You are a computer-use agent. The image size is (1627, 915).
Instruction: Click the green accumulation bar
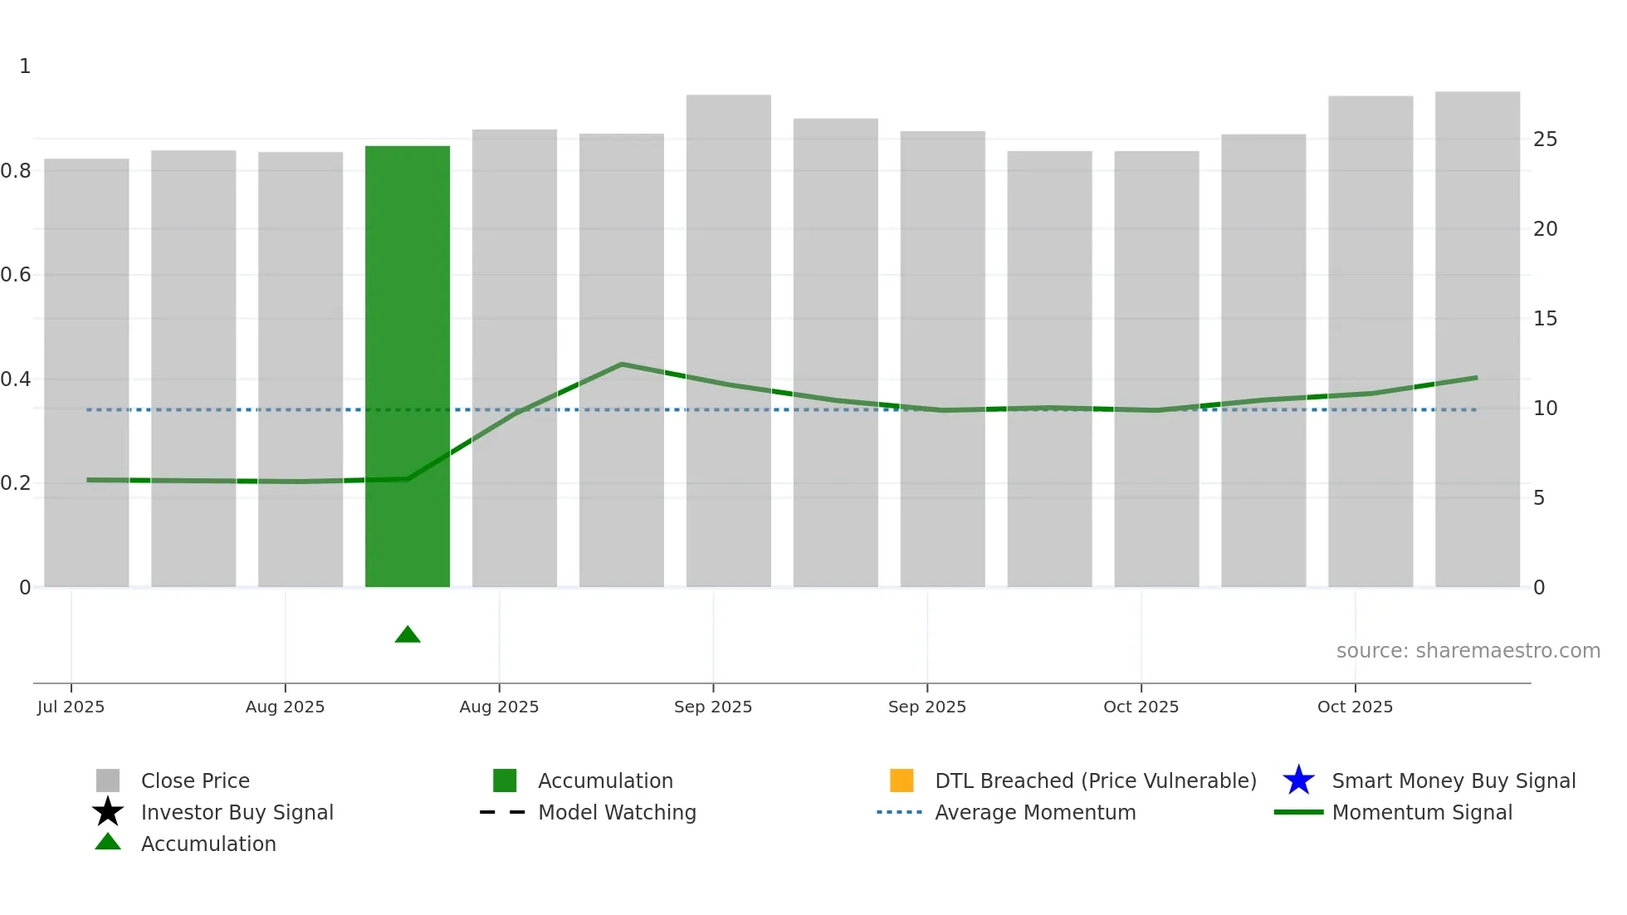coord(408,365)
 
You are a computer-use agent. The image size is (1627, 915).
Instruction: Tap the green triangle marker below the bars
coord(408,635)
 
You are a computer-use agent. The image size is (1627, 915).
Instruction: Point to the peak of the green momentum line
coord(621,365)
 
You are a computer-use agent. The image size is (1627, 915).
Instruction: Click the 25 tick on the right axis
coord(1545,139)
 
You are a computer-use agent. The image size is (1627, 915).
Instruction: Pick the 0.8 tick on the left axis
coord(17,171)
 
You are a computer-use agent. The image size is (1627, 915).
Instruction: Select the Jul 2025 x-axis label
coord(71,707)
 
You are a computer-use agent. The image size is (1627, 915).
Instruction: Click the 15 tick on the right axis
coord(1545,319)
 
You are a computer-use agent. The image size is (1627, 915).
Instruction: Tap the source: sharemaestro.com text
coord(1468,651)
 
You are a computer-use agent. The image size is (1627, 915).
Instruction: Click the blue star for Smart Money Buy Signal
coord(1298,780)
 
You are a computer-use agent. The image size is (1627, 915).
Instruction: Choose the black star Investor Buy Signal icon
coord(108,812)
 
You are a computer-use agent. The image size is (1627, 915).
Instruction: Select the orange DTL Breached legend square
coord(901,780)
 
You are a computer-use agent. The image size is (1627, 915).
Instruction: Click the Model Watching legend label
coord(617,812)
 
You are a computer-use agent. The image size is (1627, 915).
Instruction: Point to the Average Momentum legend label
coord(1035,812)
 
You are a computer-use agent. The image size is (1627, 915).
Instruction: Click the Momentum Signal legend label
coord(1422,812)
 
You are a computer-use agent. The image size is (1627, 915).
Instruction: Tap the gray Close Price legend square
coord(108,780)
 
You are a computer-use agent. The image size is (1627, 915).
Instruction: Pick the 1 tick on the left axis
coord(25,66)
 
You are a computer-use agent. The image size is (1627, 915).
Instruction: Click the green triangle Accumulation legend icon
coord(108,842)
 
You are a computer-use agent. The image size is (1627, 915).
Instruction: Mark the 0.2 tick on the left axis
coord(17,483)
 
